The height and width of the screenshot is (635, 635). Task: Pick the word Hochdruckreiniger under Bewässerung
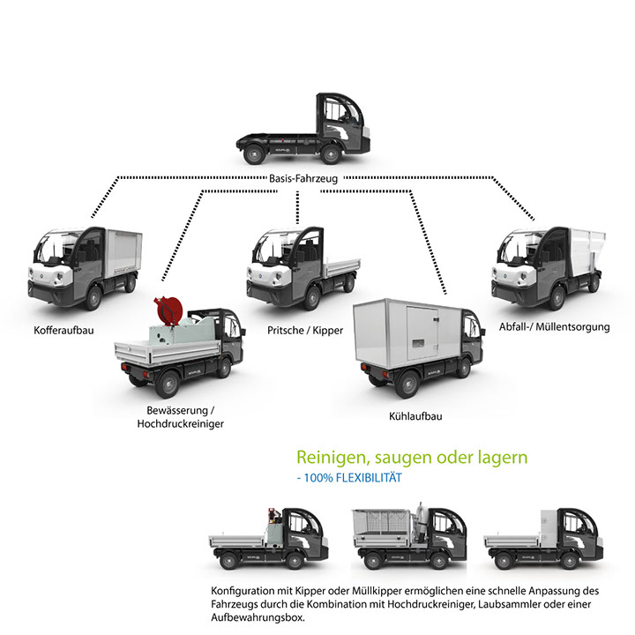pos(180,424)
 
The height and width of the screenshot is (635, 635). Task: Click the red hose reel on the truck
pos(164,310)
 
